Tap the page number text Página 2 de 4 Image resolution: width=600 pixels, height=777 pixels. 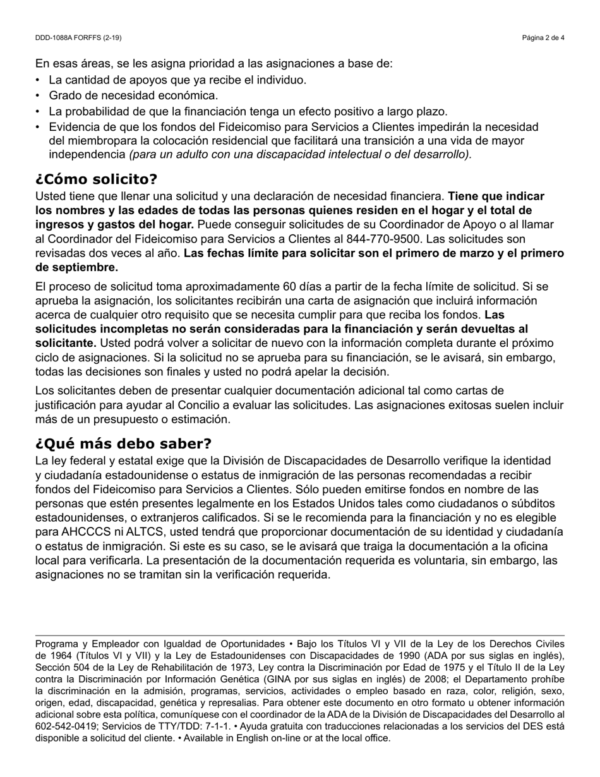(x=543, y=38)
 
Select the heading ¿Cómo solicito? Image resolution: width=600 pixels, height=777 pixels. (x=97, y=179)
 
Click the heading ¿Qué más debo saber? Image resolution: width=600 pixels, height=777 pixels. (x=123, y=443)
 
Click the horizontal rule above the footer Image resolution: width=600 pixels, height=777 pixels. (x=300, y=635)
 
